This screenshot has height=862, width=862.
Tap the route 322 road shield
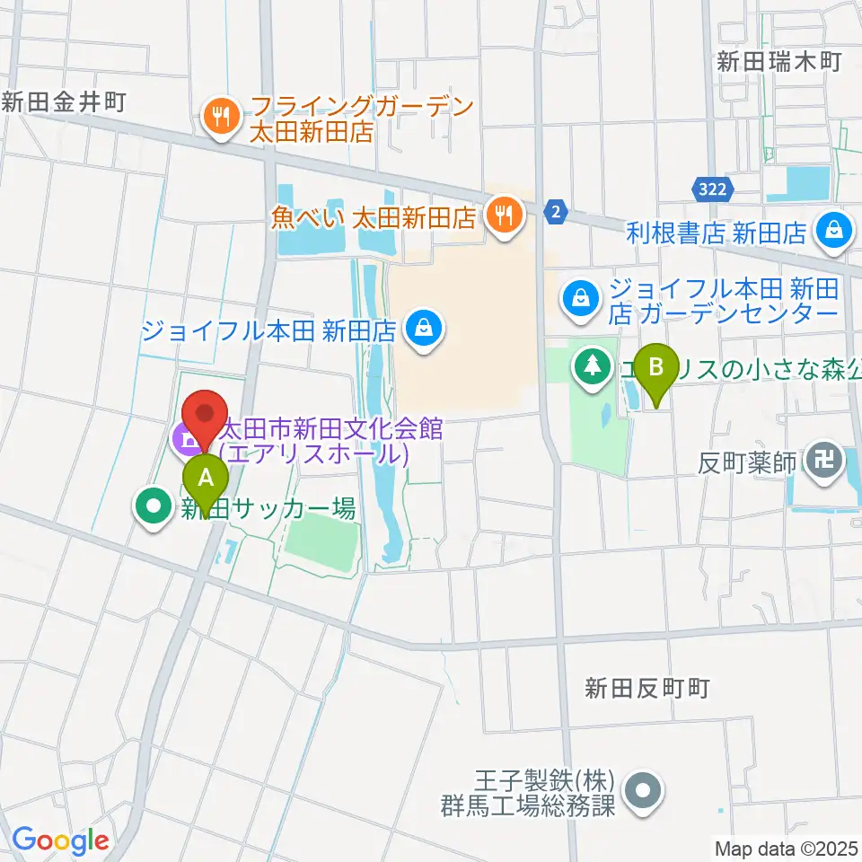coord(715,189)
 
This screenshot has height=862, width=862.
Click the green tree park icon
coord(592,365)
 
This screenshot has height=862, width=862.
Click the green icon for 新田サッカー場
coord(153,506)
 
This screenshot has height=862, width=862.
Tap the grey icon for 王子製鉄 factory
coord(643,791)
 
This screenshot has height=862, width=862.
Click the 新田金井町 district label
coord(63,101)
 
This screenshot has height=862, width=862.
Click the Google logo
coord(59,840)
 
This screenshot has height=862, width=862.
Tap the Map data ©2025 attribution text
coord(787,848)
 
